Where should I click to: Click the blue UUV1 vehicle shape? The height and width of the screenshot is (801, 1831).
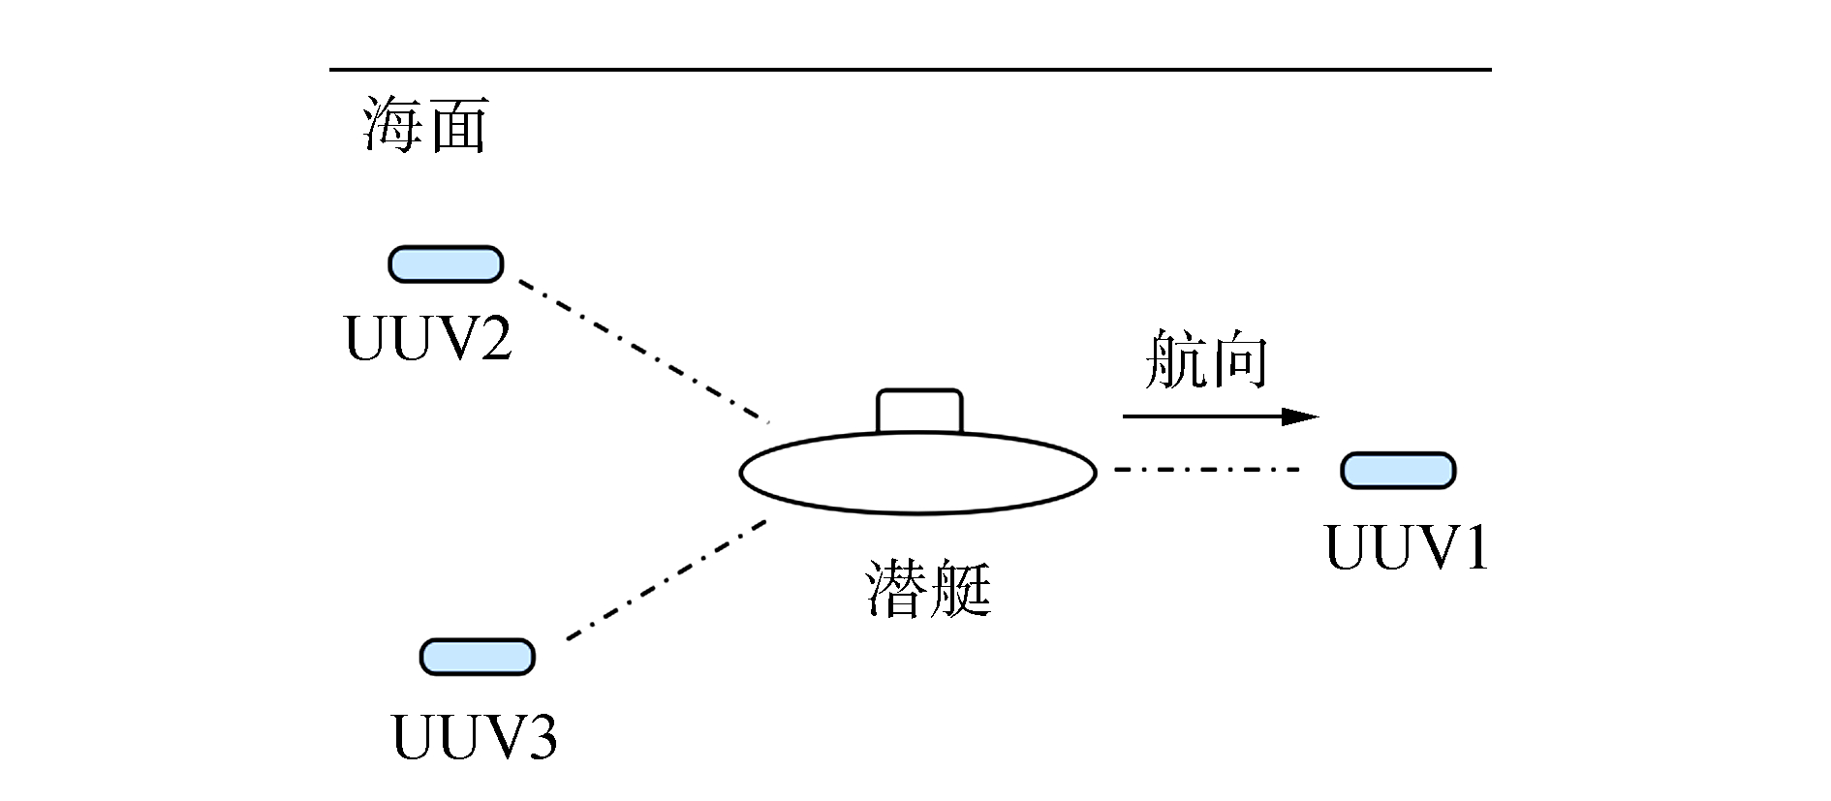[x=1398, y=470]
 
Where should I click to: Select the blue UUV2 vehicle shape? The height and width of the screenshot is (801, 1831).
[x=446, y=263]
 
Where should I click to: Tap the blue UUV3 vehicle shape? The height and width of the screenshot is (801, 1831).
[x=477, y=657]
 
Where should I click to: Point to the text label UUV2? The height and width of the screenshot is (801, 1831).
[x=428, y=340]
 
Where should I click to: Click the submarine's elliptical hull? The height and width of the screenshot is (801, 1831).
[x=917, y=475]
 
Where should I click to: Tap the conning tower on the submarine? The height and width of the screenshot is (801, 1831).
[x=919, y=412]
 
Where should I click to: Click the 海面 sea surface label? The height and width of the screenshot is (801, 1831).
[x=424, y=125]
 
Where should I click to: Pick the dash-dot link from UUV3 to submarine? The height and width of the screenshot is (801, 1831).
[x=667, y=580]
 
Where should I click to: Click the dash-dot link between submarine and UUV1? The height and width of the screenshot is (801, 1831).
[x=1206, y=470]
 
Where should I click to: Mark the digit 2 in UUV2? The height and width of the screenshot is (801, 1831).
[x=492, y=340]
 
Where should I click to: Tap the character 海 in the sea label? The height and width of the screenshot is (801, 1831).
[x=391, y=125]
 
